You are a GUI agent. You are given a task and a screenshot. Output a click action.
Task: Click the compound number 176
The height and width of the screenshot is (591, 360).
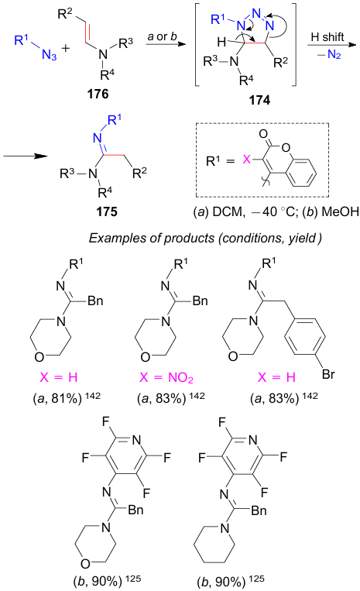(x=98, y=94)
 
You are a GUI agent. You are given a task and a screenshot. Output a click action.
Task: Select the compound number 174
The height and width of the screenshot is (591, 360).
(x=259, y=100)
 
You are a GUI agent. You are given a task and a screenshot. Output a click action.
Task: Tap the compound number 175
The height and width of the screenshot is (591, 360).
(x=107, y=211)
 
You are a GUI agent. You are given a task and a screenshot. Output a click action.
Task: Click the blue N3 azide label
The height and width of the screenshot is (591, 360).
(x=50, y=55)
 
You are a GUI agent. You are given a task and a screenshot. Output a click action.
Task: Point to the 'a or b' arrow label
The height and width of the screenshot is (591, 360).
(x=162, y=36)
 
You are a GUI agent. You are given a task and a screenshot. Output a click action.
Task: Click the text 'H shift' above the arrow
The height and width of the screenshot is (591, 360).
(x=327, y=37)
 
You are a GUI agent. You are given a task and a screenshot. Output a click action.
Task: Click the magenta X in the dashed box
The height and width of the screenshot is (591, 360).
(x=247, y=160)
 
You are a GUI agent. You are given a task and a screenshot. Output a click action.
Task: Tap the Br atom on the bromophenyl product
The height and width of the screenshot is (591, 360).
(x=328, y=374)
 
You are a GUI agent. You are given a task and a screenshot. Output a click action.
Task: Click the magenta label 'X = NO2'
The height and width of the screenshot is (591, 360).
(x=166, y=377)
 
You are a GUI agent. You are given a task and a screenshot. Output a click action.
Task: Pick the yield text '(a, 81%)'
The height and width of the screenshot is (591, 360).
(x=57, y=398)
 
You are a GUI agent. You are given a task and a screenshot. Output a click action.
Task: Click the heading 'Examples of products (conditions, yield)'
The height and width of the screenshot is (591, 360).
(x=205, y=239)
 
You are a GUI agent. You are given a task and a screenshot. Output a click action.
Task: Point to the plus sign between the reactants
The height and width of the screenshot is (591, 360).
(x=66, y=48)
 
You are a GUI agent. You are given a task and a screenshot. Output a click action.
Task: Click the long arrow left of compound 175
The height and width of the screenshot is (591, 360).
(x=26, y=156)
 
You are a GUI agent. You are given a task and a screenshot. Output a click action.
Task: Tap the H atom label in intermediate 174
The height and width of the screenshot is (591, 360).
(x=221, y=42)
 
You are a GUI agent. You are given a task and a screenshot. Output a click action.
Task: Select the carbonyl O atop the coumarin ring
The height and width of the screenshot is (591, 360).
(x=263, y=133)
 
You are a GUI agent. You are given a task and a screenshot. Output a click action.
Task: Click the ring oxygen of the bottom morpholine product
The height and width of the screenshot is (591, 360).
(x=85, y=563)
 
